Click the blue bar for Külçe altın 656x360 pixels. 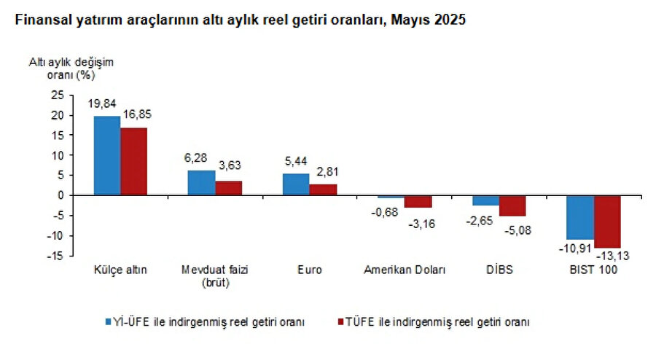107,155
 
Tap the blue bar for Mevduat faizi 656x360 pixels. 202,182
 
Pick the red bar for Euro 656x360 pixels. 323,189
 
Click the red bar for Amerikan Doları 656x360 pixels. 418,201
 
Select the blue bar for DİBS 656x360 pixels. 485,200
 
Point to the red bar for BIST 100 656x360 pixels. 607,222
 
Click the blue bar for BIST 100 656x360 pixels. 580,217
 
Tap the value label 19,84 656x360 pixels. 101,104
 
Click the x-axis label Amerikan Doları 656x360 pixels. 405,270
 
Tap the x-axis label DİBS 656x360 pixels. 499,270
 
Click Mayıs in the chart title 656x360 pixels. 409,22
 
